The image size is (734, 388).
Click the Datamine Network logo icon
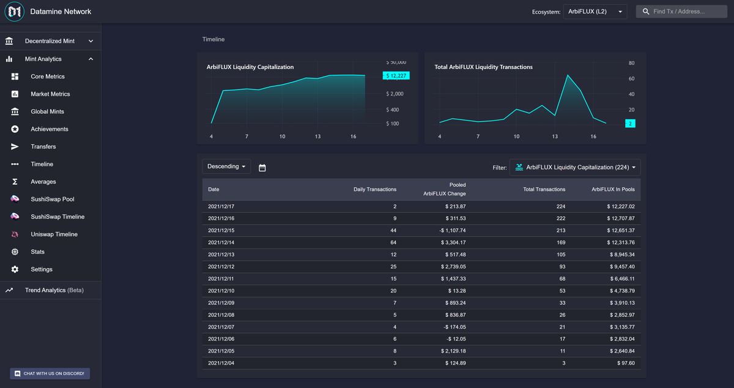(x=14, y=12)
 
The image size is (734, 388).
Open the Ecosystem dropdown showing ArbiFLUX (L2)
(x=594, y=12)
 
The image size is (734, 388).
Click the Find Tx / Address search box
(x=681, y=12)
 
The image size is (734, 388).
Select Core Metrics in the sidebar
(x=48, y=76)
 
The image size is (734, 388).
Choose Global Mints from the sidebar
(x=47, y=111)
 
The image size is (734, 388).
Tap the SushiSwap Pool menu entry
(x=52, y=199)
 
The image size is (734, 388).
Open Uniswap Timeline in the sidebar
(x=54, y=234)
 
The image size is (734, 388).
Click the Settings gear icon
(x=15, y=269)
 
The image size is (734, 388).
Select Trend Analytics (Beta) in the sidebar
(x=54, y=290)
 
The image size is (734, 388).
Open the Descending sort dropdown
(x=226, y=166)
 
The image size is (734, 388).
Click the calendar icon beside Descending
(x=262, y=167)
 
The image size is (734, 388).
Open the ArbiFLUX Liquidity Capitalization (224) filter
(x=575, y=167)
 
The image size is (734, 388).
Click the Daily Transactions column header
(x=374, y=189)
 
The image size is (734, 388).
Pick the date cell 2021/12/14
(x=221, y=242)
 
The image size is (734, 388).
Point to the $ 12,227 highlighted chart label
(x=396, y=76)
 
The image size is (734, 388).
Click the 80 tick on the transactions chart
(x=631, y=63)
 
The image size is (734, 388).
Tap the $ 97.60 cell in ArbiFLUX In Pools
(x=623, y=364)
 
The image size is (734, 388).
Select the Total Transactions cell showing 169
(x=559, y=242)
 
